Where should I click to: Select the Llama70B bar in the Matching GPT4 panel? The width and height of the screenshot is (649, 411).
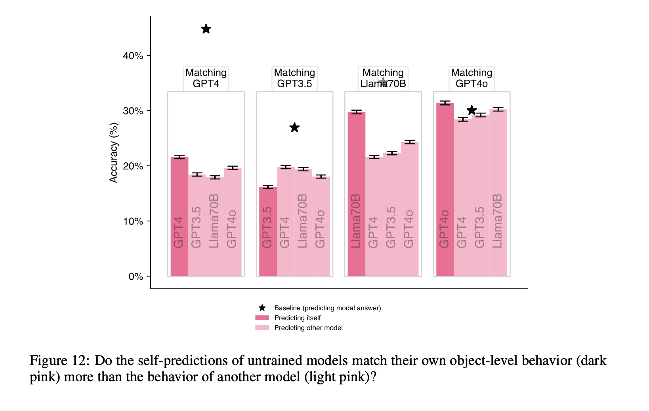point(215,226)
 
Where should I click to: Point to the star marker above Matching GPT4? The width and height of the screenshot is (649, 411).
point(206,29)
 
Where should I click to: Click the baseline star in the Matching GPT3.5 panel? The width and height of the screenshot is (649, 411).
point(294,128)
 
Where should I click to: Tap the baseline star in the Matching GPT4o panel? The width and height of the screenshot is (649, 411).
point(471,110)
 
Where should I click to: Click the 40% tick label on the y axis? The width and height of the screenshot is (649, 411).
point(133,56)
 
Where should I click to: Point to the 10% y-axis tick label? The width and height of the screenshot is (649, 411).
point(133,221)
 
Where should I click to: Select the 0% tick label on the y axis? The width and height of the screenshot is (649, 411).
point(136,277)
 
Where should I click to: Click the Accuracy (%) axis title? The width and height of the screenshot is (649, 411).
point(114,153)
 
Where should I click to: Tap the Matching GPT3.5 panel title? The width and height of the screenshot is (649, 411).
point(294,78)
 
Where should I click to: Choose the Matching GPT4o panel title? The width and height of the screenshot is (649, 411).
point(471,78)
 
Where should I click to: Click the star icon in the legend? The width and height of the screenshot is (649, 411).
point(262,308)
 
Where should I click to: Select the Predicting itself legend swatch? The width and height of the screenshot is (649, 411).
point(262,318)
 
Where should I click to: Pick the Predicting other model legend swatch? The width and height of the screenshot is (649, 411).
point(262,328)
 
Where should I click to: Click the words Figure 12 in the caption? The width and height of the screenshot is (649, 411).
point(59,361)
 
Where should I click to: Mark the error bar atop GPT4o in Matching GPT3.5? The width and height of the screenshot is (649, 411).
point(321,177)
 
